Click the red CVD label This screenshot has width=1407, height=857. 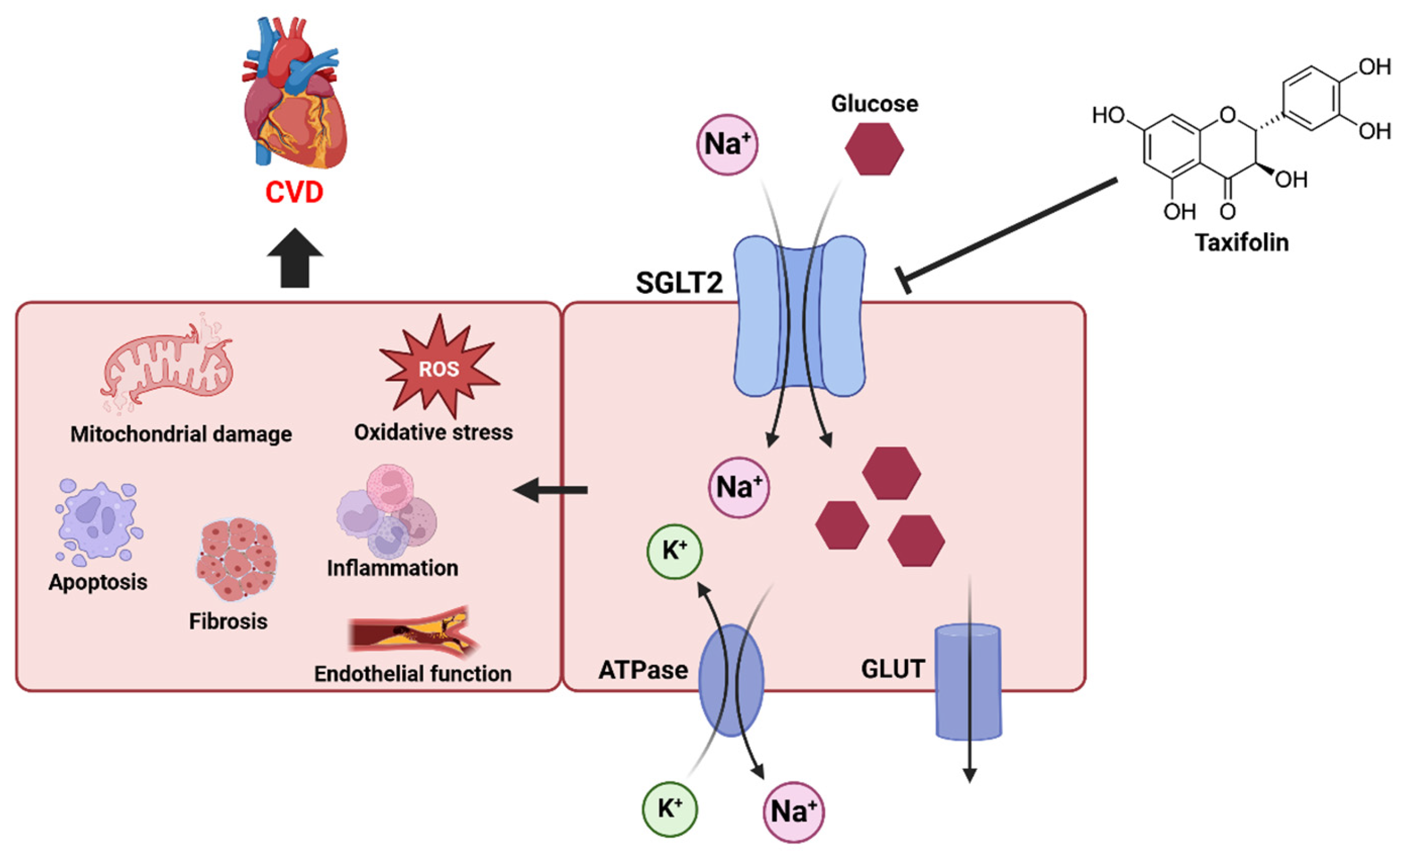(294, 193)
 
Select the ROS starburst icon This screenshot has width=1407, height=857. (439, 367)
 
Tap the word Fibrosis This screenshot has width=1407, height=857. (229, 621)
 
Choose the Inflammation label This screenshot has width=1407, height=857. (393, 568)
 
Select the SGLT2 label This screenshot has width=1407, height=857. (680, 283)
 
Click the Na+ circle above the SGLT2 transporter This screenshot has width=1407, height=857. (727, 144)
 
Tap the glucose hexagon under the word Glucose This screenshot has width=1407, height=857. (874, 149)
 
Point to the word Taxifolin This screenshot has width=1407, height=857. (1242, 242)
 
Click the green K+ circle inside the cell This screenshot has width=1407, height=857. (674, 551)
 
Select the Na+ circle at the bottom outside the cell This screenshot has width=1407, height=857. (794, 812)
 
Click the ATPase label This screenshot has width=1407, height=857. (643, 670)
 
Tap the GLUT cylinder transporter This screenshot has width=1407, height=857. (968, 682)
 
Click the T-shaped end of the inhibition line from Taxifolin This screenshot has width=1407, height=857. (903, 280)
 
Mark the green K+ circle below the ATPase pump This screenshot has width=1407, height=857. (670, 809)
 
